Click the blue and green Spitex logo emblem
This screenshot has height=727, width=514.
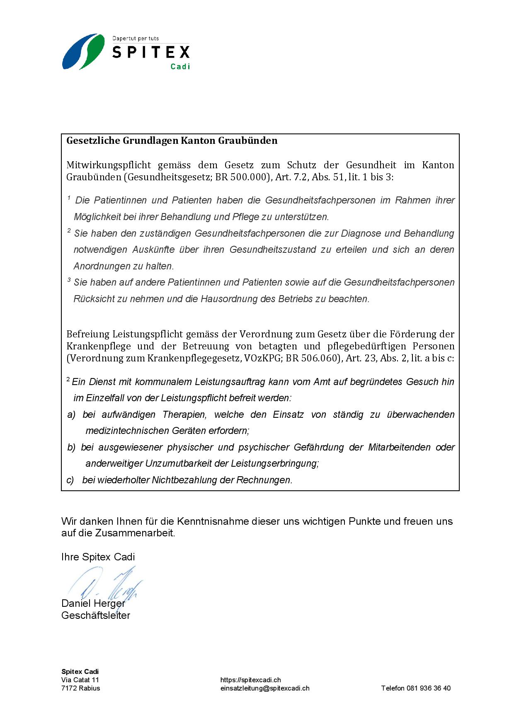(83, 51)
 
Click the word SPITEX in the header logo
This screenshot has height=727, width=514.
(151, 52)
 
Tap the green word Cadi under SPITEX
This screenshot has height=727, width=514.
(180, 66)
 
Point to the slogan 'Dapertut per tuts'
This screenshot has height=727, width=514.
(136, 39)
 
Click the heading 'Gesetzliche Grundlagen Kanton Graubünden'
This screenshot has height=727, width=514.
(172, 141)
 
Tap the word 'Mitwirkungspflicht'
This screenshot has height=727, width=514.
(109, 165)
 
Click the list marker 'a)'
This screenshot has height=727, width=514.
(71, 414)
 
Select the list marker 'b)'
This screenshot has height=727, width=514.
(71, 447)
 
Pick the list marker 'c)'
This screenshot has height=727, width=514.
(70, 480)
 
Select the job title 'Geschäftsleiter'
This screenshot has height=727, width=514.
(96, 615)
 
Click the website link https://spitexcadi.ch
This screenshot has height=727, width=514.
(250, 680)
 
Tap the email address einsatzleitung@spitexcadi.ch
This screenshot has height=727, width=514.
(265, 688)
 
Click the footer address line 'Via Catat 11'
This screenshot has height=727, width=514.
(80, 680)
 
